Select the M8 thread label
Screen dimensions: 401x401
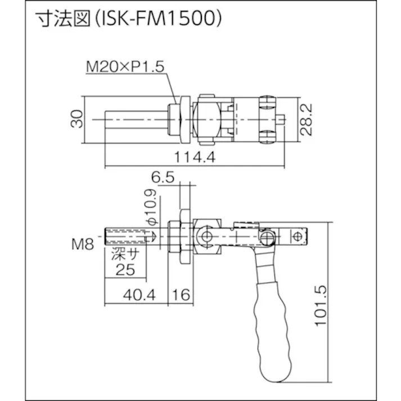click(82, 244)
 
